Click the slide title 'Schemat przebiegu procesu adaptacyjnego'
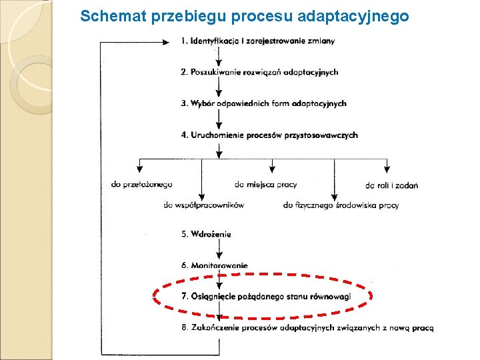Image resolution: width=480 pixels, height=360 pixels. coord(244,16)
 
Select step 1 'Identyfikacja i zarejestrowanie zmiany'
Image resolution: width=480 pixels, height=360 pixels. coord(258,41)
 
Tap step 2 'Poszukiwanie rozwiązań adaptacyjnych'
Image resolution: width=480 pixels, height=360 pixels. coord(259,72)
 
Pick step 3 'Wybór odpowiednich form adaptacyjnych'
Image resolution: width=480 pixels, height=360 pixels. coord(263,103)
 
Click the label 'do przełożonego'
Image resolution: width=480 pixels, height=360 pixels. coord(142,185)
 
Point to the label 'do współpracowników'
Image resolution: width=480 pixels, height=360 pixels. coord(203,205)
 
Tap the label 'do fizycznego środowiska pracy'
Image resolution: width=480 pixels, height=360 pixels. coord(341,205)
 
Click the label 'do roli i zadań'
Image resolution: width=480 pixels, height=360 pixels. coord(391,185)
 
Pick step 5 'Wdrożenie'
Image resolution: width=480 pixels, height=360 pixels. coord(206,234)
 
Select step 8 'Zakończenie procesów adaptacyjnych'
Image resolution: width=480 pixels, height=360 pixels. coord(307,327)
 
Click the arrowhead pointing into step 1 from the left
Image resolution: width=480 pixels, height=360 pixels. coord(166,41)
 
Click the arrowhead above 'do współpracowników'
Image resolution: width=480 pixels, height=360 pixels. coord(201,191)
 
